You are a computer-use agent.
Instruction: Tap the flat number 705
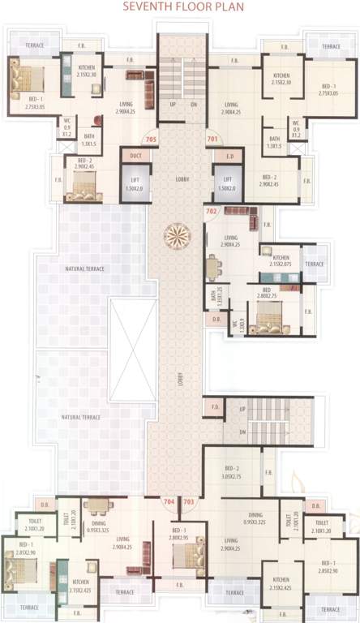pyautogui.click(x=151, y=139)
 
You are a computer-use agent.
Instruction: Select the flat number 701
pyautogui.click(x=212, y=139)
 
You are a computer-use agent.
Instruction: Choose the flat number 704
pyautogui.click(x=169, y=502)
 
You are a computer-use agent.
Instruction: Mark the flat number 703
pyautogui.click(x=188, y=502)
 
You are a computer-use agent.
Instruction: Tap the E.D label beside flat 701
pyautogui.click(x=229, y=155)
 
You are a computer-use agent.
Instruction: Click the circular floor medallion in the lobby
pyautogui.click(x=178, y=237)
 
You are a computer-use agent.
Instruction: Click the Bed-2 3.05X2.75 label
pyautogui.click(x=234, y=472)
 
